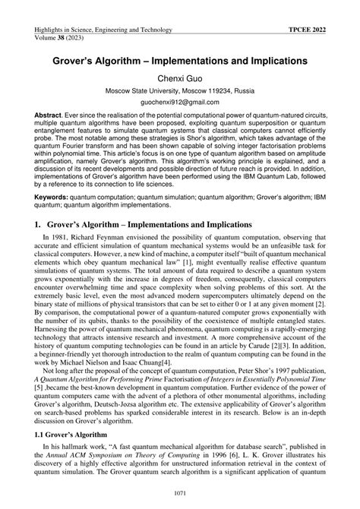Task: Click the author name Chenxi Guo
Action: click(179, 77)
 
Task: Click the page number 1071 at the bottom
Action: click(179, 495)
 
